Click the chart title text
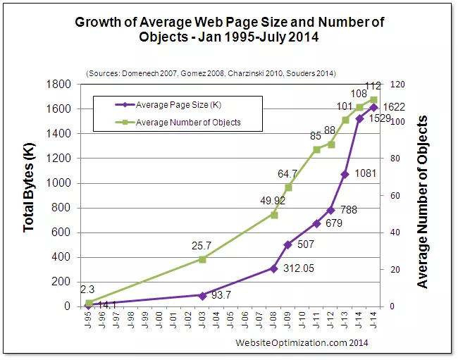229,30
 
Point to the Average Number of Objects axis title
423,203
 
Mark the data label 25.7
201,246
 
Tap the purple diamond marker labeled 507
287,244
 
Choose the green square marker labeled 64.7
288,187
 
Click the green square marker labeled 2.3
89,303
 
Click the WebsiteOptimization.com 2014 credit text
302,342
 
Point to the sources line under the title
210,73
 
